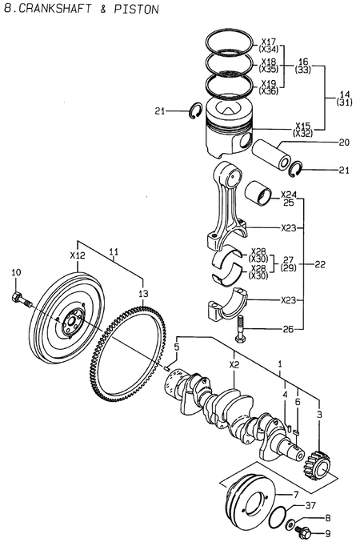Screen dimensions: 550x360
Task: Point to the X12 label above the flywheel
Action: tap(77, 255)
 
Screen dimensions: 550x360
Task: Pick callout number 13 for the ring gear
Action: tap(143, 294)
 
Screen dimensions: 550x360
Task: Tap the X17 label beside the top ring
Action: tap(268, 41)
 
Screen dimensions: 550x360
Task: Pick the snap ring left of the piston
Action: tap(194, 111)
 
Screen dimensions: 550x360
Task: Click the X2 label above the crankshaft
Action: tap(234, 363)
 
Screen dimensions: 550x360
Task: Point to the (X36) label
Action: tap(269, 90)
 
